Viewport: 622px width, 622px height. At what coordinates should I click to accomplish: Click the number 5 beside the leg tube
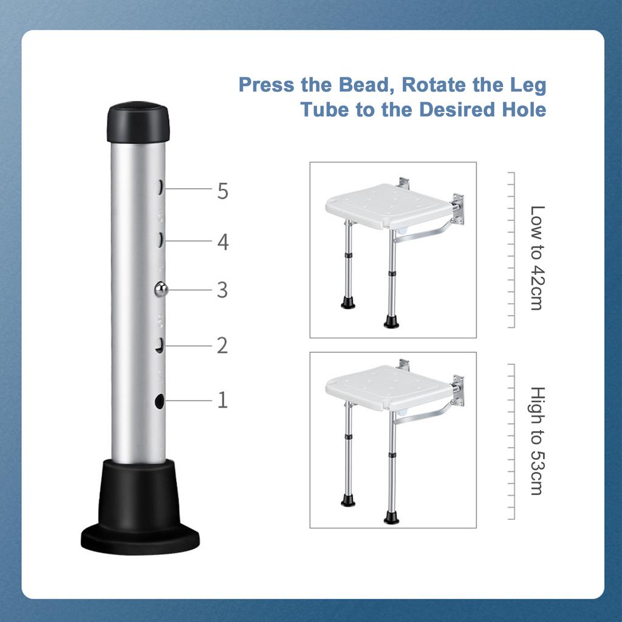point(223,191)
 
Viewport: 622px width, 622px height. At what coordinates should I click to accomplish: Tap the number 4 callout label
point(223,242)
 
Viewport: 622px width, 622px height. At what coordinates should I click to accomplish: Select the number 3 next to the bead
point(222,290)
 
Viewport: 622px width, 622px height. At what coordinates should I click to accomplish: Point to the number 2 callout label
point(222,346)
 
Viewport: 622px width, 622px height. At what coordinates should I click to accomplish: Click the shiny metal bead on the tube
point(160,290)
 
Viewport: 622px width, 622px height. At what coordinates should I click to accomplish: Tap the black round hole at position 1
point(160,402)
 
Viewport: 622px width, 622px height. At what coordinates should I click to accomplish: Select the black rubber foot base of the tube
point(140,507)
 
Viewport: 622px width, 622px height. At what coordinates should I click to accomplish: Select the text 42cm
point(538,289)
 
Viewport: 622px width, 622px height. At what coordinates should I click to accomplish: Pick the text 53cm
point(538,473)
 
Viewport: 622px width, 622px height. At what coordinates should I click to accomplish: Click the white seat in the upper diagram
point(389,207)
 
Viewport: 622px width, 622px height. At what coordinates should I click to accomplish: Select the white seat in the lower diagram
point(389,389)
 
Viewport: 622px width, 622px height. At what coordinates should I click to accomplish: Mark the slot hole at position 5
point(160,187)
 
